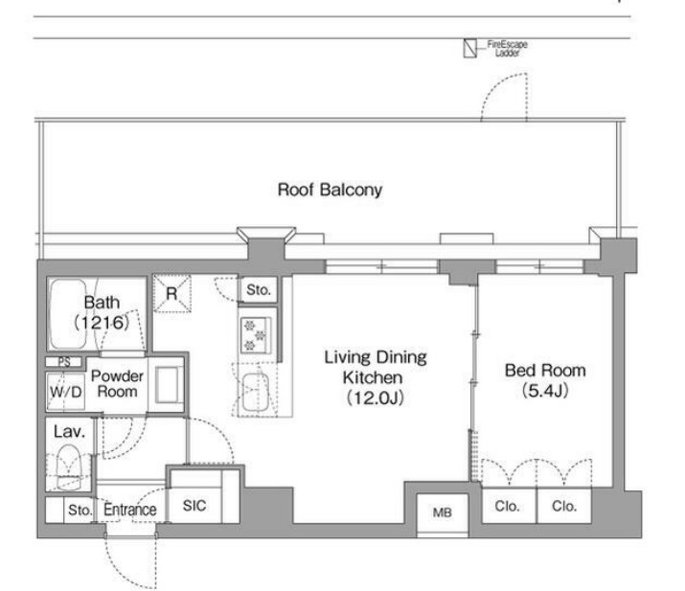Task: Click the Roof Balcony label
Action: tap(330, 190)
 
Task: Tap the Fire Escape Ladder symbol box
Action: tap(470, 48)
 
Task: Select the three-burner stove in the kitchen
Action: tap(256, 335)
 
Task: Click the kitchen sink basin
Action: tap(256, 392)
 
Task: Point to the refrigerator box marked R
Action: tap(172, 293)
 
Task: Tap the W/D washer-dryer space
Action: tap(65, 392)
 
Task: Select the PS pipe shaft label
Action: tap(64, 362)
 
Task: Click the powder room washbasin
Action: tap(167, 384)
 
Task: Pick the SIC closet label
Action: tap(194, 506)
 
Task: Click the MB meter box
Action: tap(442, 512)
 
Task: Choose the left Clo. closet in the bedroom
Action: tap(509, 506)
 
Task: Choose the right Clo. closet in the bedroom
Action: tap(564, 506)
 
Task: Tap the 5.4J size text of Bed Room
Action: tap(546, 390)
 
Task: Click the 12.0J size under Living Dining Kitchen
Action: tap(376, 398)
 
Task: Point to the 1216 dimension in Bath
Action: tap(102, 323)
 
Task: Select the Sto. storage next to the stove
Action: tap(258, 289)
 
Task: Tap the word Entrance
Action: tap(129, 510)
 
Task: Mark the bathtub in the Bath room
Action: tap(68, 314)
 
